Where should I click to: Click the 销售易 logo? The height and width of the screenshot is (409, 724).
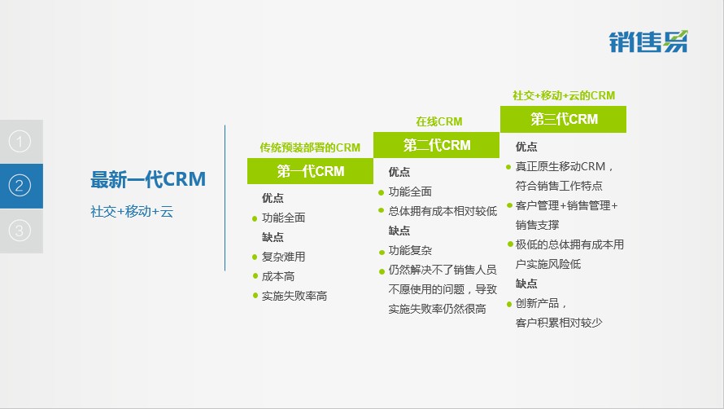click(x=648, y=42)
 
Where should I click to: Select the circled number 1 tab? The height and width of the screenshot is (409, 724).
click(x=20, y=142)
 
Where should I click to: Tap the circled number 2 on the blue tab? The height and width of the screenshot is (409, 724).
click(x=20, y=186)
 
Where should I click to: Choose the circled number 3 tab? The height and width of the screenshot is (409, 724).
click(x=20, y=231)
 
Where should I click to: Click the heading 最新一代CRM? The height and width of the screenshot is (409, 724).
click(x=148, y=179)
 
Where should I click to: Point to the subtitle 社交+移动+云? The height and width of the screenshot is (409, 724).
click(x=132, y=212)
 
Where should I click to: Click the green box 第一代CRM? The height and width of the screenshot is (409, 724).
click(x=310, y=171)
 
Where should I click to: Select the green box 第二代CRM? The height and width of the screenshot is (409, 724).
click(x=436, y=145)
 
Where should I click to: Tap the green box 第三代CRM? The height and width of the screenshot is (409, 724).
click(x=563, y=120)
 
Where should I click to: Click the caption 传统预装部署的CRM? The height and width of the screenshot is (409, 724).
click(x=310, y=147)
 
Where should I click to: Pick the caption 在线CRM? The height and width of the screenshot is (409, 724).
click(x=438, y=121)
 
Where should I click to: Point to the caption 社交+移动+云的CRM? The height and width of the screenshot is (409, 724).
click(x=564, y=96)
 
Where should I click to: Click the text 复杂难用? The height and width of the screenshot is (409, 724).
click(x=284, y=257)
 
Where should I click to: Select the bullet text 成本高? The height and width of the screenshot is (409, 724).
click(x=278, y=276)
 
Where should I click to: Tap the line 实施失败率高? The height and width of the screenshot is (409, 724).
click(x=294, y=296)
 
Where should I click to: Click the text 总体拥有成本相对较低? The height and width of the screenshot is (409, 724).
click(x=443, y=212)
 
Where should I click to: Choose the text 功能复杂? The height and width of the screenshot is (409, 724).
click(x=410, y=250)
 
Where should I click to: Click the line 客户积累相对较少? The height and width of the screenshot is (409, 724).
click(x=559, y=323)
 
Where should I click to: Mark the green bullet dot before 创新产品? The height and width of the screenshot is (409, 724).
click(x=509, y=304)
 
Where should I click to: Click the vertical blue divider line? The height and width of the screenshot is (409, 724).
click(x=225, y=197)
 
